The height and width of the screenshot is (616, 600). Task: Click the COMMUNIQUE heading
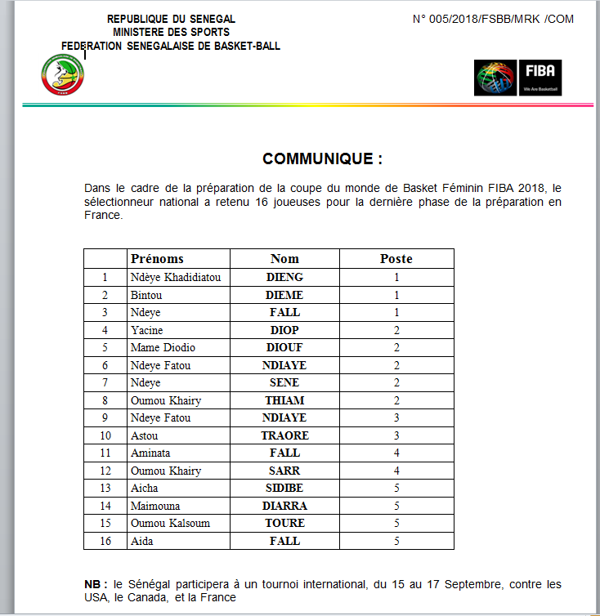point(322,158)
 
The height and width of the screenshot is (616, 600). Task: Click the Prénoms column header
point(157,259)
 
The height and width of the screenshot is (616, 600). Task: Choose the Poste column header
point(396,259)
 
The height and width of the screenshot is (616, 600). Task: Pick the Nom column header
point(284,259)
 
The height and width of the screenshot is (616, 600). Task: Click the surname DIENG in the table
point(284,277)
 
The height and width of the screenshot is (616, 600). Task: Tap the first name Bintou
point(147,295)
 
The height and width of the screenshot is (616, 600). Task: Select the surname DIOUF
point(284,347)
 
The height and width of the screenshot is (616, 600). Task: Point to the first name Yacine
point(147,330)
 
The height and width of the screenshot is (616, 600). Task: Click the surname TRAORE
point(284,435)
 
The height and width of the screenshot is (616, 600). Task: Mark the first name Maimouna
point(155,506)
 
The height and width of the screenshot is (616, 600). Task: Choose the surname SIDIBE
point(284,488)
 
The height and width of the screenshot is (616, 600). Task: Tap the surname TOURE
point(284,523)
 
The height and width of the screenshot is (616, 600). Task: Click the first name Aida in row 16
point(142,541)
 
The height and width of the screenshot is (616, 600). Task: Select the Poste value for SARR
point(396,471)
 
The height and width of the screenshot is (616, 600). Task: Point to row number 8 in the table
point(105,400)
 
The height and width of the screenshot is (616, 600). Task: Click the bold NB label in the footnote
point(95,585)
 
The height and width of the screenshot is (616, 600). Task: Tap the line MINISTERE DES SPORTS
point(171,32)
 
